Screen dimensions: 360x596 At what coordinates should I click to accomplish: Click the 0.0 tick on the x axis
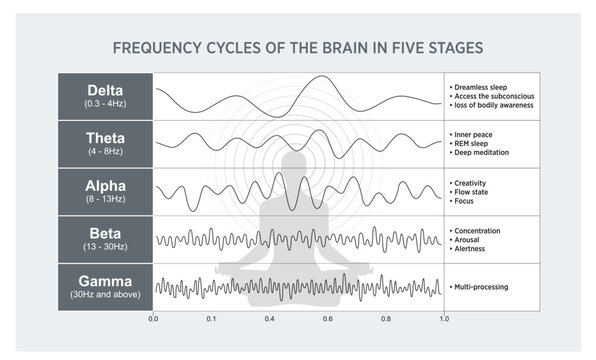tap(153, 319)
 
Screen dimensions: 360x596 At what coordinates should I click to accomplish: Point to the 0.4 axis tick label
tap(270, 319)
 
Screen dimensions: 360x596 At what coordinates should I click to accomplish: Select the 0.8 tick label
tap(386, 319)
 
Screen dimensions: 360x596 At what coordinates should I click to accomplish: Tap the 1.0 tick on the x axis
tap(444, 319)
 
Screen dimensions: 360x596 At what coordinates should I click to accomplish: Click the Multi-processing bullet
tap(483, 287)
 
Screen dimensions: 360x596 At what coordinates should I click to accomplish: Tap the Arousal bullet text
tap(472, 239)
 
